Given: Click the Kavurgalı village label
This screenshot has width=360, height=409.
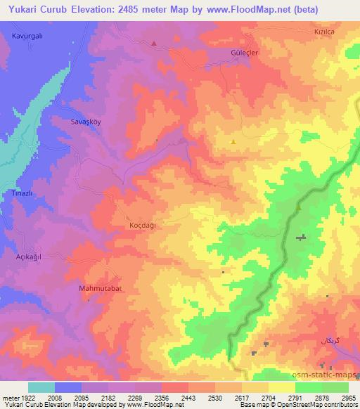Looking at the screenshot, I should [x=28, y=34].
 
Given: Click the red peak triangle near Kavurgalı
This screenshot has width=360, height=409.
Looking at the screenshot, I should [x=154, y=44].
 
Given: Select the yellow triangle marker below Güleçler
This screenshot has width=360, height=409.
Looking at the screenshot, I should [x=233, y=141].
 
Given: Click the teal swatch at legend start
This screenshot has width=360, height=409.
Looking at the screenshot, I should [x=41, y=387].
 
